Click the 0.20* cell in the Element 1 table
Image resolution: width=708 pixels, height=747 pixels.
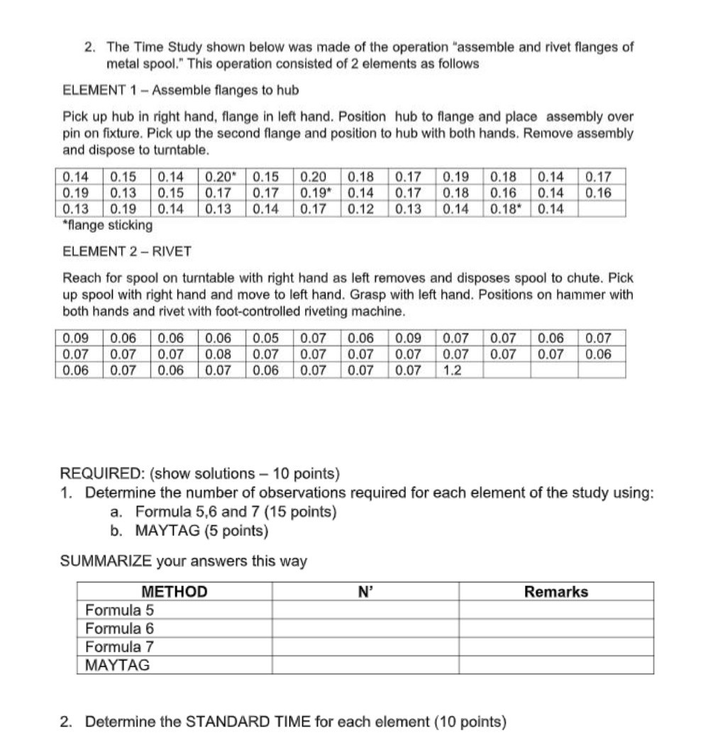click(220, 177)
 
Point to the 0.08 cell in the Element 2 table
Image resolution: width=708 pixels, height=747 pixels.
click(218, 354)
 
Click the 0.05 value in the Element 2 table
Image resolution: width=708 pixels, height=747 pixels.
click(265, 338)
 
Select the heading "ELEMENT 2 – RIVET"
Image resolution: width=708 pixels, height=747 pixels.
click(127, 251)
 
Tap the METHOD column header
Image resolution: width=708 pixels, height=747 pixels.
click(175, 592)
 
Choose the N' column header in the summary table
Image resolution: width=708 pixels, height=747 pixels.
click(365, 592)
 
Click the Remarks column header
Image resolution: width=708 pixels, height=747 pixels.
click(556, 592)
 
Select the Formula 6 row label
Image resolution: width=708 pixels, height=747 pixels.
click(119, 629)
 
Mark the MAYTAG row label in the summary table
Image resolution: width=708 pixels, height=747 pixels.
click(117, 665)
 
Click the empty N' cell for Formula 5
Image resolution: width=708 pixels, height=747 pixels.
click(365, 610)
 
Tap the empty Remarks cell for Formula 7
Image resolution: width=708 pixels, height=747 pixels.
click(556, 647)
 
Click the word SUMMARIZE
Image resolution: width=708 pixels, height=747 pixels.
click(106, 561)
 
